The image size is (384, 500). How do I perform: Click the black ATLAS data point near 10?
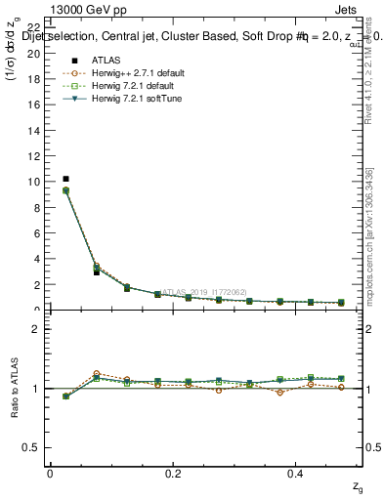(x=65, y=179)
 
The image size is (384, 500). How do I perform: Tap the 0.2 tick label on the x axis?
(x=174, y=473)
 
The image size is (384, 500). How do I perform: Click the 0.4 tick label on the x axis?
(x=298, y=473)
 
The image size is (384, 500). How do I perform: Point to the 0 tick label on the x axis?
(x=50, y=473)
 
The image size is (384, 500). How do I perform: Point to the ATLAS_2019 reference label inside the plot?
(x=203, y=291)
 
